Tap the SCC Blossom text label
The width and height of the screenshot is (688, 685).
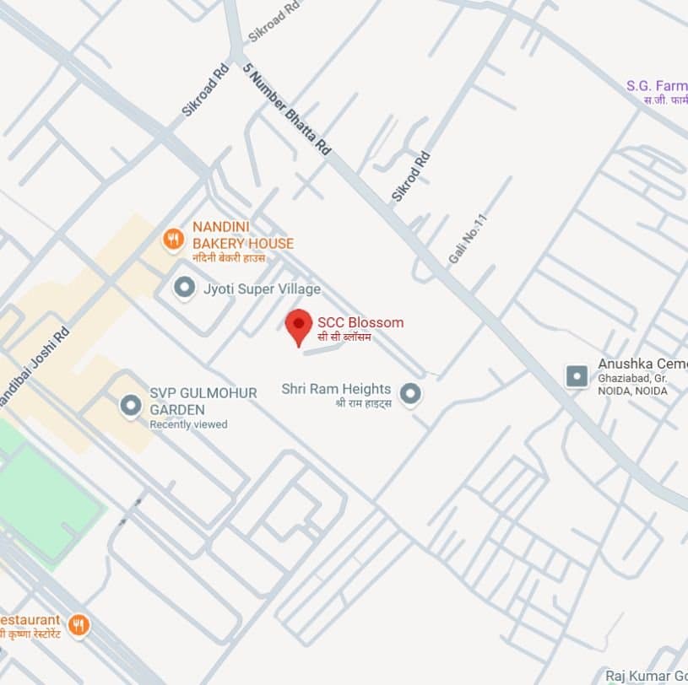360,322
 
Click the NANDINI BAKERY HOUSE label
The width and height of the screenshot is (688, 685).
242,235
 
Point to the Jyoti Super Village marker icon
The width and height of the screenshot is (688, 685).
183,289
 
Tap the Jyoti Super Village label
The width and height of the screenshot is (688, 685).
262,289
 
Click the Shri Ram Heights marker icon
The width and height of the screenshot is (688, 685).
410,394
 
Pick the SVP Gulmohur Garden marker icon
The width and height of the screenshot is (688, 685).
130,407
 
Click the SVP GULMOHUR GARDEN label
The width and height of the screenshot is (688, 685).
191,401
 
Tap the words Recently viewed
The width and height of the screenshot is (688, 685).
188,424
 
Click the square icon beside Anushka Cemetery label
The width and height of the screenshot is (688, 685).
577,376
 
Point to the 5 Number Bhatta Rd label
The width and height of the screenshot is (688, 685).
286,108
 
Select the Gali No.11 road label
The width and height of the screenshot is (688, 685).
469,239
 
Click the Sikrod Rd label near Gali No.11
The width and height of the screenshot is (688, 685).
411,176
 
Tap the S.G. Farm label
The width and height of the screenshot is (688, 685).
657,85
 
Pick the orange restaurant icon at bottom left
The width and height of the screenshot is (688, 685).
78,625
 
